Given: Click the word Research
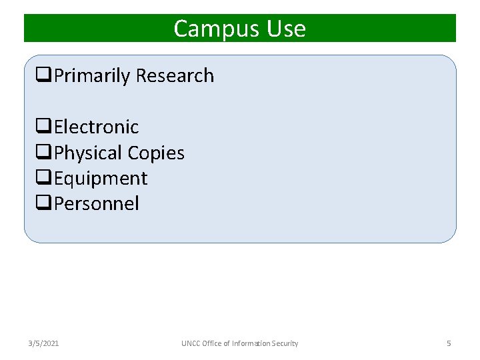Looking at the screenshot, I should (x=175, y=76).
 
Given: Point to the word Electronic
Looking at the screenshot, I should (x=96, y=127).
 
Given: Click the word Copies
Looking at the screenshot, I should (x=156, y=153).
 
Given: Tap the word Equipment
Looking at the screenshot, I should (x=101, y=179).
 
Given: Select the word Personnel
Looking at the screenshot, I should (x=97, y=204).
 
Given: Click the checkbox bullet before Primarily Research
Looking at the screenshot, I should (x=45, y=77).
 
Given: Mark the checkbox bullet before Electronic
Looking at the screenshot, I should (x=45, y=127).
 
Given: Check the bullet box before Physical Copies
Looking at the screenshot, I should (x=45, y=153).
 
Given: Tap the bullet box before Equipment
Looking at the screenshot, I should (x=45, y=179).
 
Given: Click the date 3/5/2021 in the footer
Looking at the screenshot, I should (x=43, y=343).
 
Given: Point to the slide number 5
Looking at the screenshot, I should (x=449, y=343).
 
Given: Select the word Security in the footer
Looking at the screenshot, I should (x=284, y=343).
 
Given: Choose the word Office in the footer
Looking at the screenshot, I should (x=215, y=343).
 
